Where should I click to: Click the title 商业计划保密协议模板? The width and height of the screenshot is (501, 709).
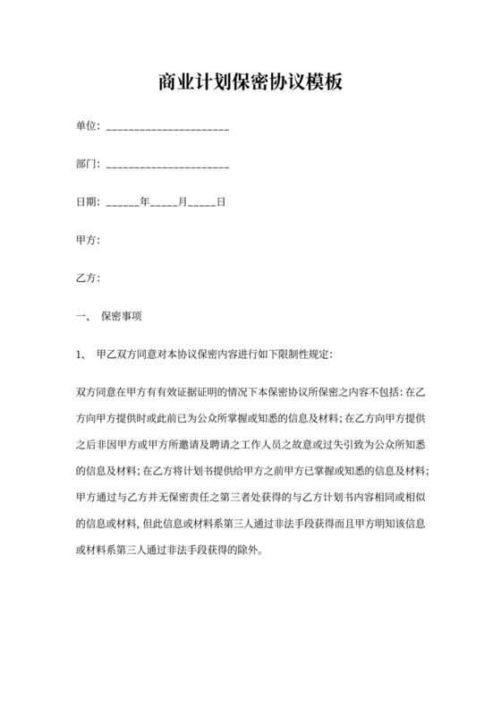coord(250,83)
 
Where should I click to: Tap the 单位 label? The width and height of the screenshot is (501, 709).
coord(86,127)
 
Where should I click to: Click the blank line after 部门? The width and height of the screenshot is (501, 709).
coord(168,167)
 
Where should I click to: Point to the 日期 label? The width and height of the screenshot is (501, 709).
coord(86,202)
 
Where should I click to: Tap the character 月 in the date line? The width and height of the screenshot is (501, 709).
coord(182,202)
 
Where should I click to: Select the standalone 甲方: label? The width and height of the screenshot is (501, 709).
coord(88,240)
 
